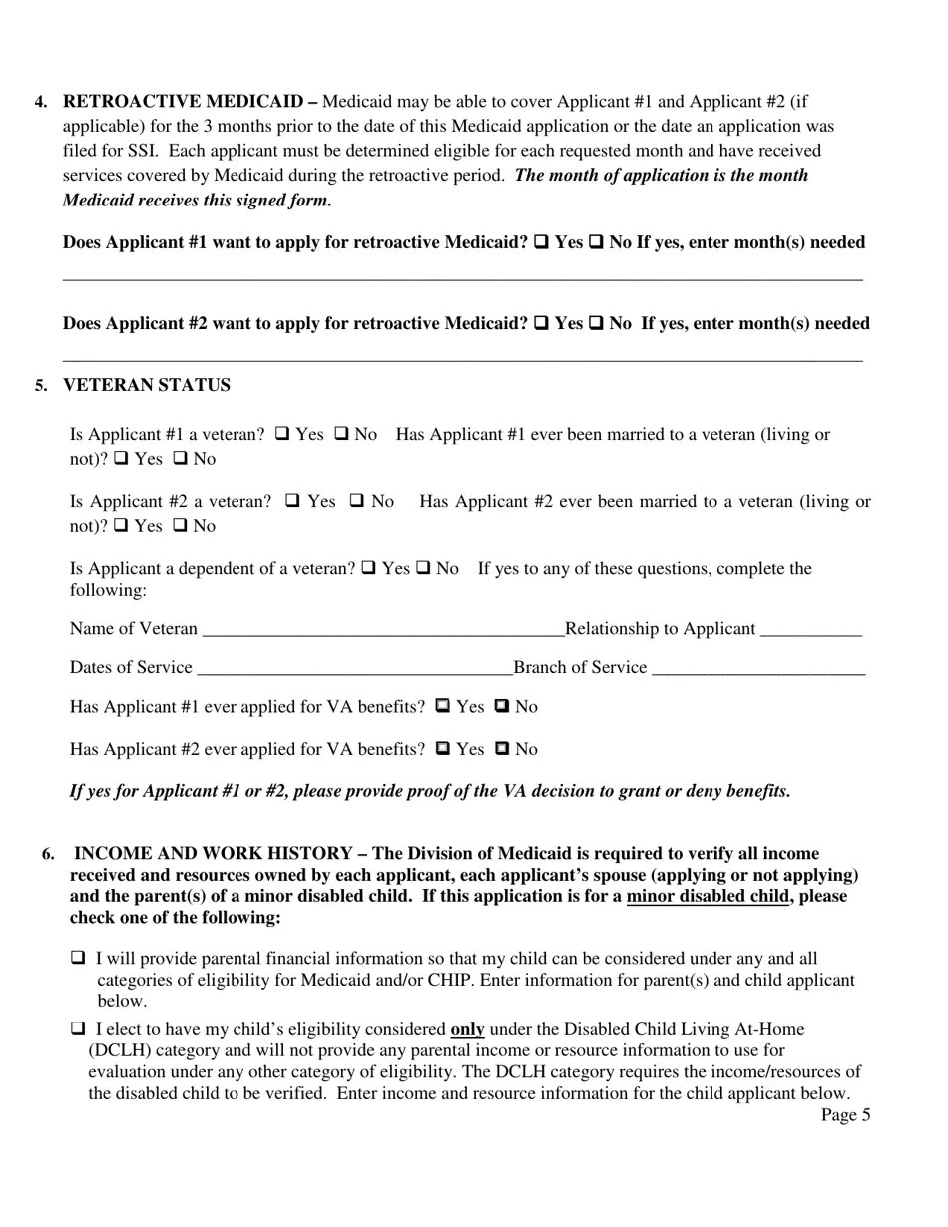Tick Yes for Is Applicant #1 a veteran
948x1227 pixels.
point(282,434)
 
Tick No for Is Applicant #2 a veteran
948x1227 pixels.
point(357,501)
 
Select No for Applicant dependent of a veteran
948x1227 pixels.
point(423,568)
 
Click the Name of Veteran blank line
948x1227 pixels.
point(382,630)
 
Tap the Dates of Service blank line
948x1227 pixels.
point(354,669)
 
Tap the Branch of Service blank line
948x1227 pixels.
point(757,669)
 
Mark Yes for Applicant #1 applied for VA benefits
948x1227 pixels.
point(444,706)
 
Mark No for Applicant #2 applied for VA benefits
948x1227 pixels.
point(503,748)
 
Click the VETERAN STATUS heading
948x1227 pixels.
point(146,385)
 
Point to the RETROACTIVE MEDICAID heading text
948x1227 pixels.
point(184,101)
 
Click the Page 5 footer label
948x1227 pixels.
point(845,1115)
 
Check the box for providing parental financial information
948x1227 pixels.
point(78,958)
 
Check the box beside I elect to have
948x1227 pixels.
point(78,1028)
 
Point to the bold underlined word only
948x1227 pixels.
point(467,1029)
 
